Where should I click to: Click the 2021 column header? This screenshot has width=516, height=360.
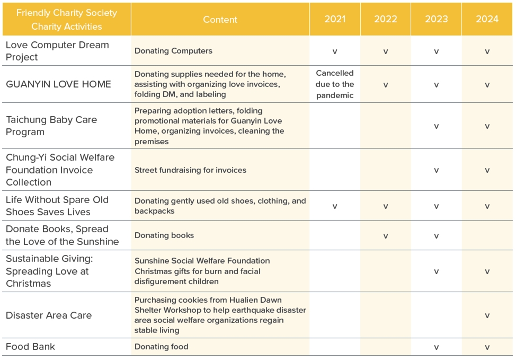click(x=335, y=19)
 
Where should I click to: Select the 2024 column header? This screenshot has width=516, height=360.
click(x=487, y=19)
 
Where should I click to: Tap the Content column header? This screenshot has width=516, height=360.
click(x=220, y=20)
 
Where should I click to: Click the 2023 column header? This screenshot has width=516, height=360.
click(x=437, y=19)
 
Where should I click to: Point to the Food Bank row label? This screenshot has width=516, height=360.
click(x=30, y=347)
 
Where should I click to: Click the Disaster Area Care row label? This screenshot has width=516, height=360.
click(x=49, y=315)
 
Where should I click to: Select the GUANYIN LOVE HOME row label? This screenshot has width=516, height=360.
click(x=58, y=84)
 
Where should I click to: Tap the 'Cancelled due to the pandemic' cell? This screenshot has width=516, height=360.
click(x=335, y=84)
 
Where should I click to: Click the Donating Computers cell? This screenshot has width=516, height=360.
click(x=173, y=51)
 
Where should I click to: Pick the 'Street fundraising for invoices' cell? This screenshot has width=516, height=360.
click(x=190, y=170)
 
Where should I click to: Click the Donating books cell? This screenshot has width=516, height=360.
click(x=164, y=235)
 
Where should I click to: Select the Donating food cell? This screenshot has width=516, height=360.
click(x=161, y=347)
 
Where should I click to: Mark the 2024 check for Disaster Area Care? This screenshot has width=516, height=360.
click(x=487, y=315)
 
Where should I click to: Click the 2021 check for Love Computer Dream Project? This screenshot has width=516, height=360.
click(x=335, y=51)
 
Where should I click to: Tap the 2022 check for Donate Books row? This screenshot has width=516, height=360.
click(x=385, y=236)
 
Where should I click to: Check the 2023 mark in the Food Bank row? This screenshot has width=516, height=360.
click(x=437, y=347)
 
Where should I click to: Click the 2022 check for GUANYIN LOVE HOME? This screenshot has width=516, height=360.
click(x=385, y=85)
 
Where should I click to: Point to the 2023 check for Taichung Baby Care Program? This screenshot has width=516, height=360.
click(x=437, y=126)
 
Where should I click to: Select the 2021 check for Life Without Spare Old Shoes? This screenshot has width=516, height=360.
click(x=335, y=206)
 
